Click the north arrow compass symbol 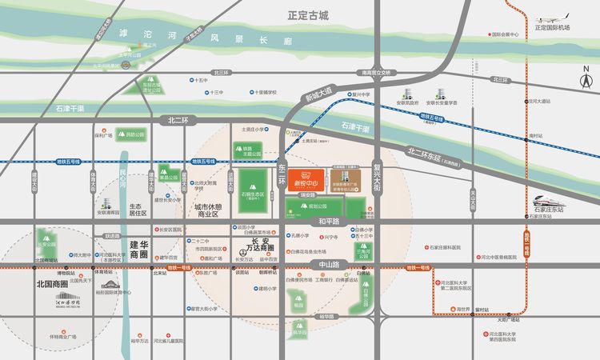pyautogui.click(x=585, y=78)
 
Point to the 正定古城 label pyautogui.click(x=310, y=15)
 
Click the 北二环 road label pyautogui.click(x=178, y=119)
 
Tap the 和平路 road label pyautogui.click(x=328, y=220)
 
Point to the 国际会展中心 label pyautogui.click(x=506, y=34)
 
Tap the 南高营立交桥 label pyautogui.click(x=376, y=71)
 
